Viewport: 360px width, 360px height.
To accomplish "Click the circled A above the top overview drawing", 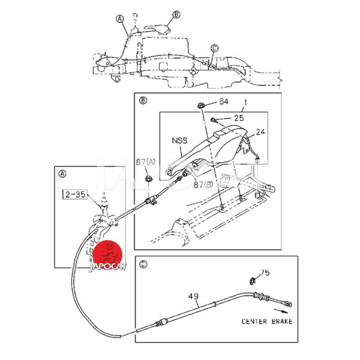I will [x=120, y=18].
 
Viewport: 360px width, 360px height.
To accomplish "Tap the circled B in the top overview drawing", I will [x=176, y=15].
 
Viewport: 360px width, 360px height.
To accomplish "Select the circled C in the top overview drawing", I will [x=214, y=48].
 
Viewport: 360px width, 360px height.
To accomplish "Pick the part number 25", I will [x=238, y=118].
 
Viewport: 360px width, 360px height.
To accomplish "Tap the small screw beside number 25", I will [x=214, y=119].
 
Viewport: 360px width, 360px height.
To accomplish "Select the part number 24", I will [x=261, y=132].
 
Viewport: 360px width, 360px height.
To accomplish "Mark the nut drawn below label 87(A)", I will [x=148, y=180].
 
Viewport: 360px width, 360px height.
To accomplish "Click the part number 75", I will [x=265, y=272].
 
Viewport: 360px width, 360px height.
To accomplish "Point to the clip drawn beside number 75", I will [x=252, y=282].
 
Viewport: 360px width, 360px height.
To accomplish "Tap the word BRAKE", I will [x=282, y=321].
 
